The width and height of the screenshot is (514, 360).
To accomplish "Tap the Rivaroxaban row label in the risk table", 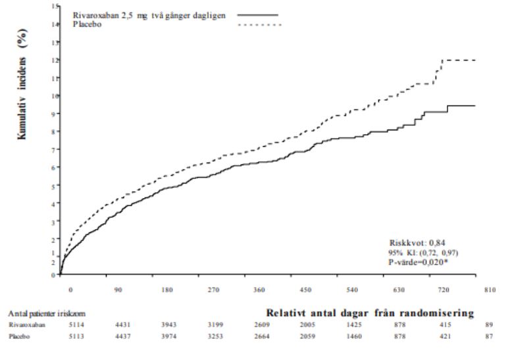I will click(x=22, y=324).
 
